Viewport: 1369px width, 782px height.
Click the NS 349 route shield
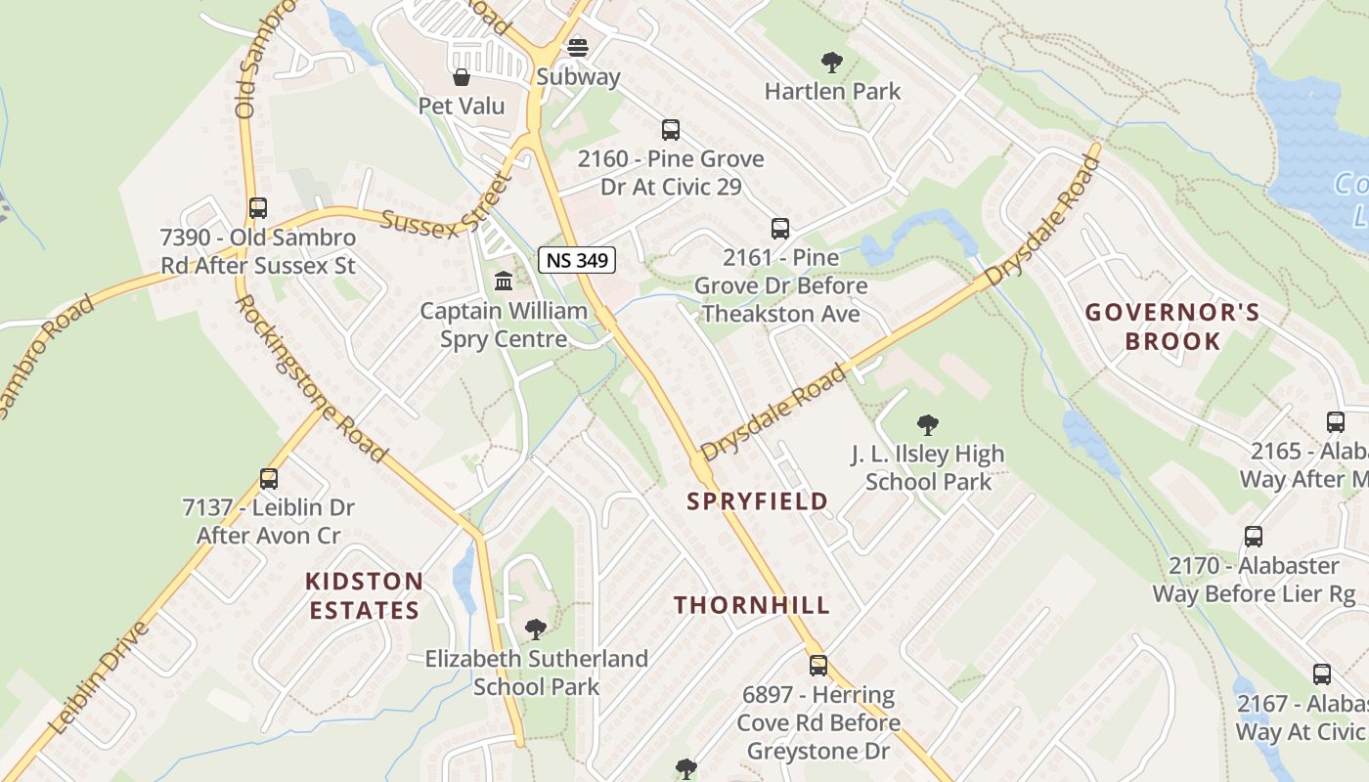tap(576, 260)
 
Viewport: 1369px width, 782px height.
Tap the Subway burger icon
tap(578, 48)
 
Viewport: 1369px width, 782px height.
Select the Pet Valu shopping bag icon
tap(462, 76)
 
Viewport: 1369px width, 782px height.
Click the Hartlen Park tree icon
tap(832, 63)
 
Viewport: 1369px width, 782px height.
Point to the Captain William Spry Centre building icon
tap(504, 282)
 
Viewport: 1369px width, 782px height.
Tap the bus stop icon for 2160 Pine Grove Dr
tap(671, 129)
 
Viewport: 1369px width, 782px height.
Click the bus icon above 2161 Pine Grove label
tap(780, 229)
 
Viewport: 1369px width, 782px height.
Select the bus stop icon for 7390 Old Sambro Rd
tap(258, 207)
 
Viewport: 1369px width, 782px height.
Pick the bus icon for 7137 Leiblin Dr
tap(269, 479)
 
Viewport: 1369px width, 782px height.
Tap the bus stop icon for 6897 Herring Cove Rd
tap(818, 666)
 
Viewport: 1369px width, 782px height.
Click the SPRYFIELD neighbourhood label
tap(757, 501)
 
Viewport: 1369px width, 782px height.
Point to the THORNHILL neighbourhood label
tap(751, 605)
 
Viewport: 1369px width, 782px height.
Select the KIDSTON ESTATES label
tap(364, 596)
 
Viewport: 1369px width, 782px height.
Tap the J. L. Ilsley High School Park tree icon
tap(928, 425)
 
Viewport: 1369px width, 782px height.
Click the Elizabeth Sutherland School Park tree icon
tap(535, 629)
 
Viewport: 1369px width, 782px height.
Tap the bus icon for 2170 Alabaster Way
tap(1254, 537)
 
